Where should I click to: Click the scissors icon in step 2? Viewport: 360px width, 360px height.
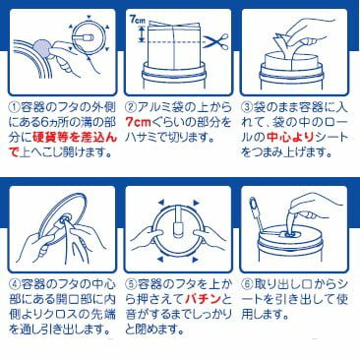215,41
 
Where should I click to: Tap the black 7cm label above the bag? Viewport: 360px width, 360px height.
136,20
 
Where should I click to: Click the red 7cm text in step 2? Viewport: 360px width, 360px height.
138,123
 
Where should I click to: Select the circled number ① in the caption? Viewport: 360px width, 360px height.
14,107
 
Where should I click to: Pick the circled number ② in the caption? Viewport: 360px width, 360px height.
131,107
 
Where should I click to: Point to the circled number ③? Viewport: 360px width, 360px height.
247,107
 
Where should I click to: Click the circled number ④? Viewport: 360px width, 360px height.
14,283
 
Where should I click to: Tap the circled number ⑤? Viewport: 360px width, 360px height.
131,283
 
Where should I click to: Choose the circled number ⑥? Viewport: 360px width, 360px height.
247,283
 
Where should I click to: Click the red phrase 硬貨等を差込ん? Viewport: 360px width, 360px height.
75,138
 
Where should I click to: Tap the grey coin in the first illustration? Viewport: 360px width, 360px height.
41,48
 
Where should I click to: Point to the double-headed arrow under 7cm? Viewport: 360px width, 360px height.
142,34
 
